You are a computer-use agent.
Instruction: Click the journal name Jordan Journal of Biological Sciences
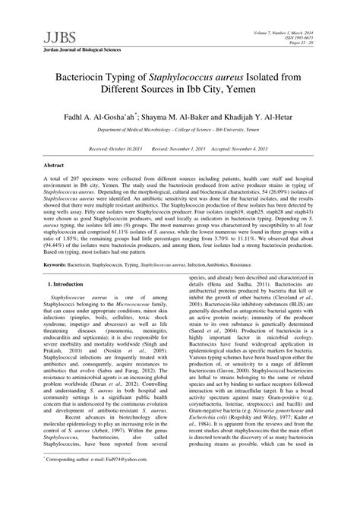point(83,50)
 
